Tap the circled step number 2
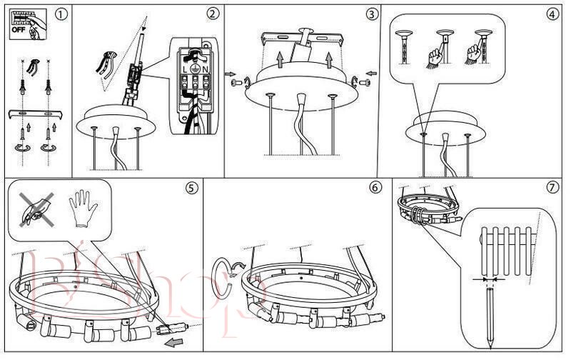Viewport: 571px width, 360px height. point(213,14)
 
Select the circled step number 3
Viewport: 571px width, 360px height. point(372,14)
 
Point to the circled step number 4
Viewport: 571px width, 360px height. point(552,14)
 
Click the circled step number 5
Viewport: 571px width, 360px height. point(191,189)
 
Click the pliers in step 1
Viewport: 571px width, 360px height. point(33,69)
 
